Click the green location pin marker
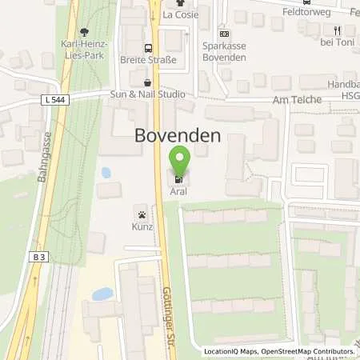click(180, 161)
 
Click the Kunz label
click(142, 228)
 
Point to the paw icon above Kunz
click(142, 214)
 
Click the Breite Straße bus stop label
click(150, 60)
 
